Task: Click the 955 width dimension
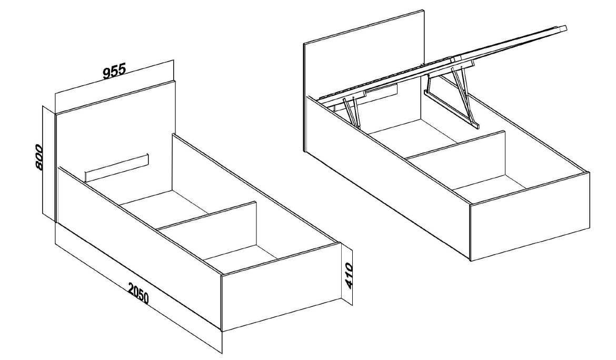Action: [x=114, y=71]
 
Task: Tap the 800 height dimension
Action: [x=38, y=157]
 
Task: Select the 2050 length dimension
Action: [x=138, y=293]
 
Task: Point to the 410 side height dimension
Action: [x=349, y=276]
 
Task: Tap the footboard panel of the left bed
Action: [x=281, y=287]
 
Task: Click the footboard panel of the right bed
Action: [x=530, y=216]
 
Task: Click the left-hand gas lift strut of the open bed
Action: [x=352, y=112]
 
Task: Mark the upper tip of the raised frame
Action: [x=565, y=27]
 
